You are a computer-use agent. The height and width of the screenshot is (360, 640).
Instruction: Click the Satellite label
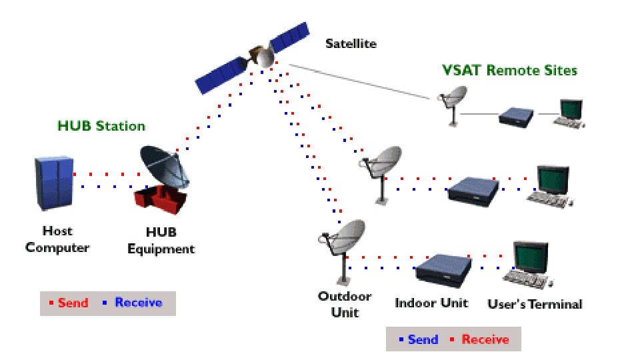click(x=351, y=45)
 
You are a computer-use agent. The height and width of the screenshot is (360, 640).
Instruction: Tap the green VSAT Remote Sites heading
click(x=510, y=70)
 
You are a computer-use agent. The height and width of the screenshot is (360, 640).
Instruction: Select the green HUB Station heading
click(x=101, y=126)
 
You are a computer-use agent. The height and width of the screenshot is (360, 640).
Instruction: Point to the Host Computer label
click(x=57, y=239)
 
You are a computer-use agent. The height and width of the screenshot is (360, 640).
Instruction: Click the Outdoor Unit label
click(x=344, y=304)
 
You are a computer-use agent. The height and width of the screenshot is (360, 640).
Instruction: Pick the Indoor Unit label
click(x=431, y=303)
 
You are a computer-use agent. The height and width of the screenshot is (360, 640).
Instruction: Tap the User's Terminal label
click(x=535, y=304)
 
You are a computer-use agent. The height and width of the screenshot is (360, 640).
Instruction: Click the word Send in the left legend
click(x=73, y=303)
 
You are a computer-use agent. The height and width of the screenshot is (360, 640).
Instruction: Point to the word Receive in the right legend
click(x=485, y=339)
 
